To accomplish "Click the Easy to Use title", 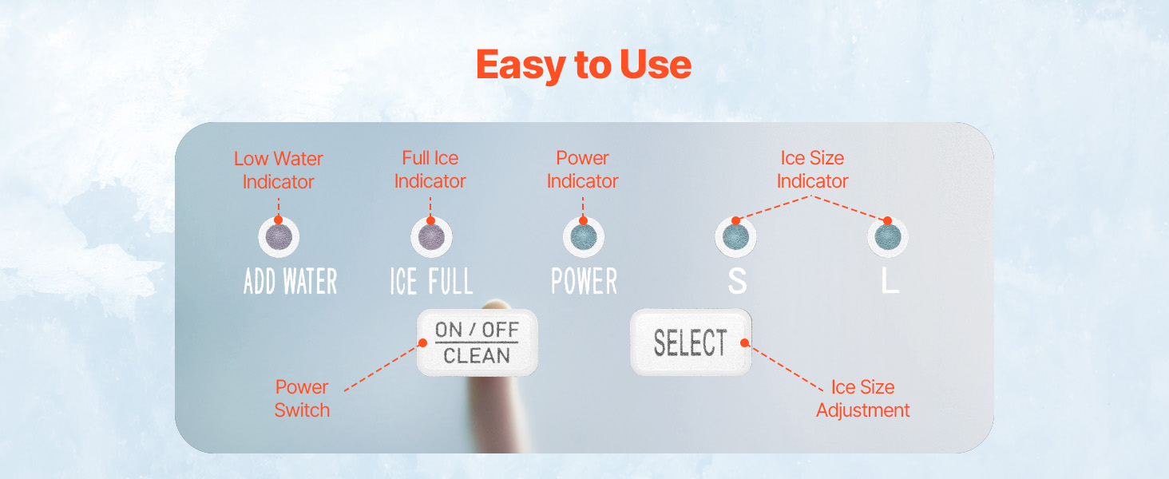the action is pyautogui.click(x=584, y=65).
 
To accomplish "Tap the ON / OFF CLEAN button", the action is pyautogui.click(x=477, y=342).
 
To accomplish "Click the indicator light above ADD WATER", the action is pyautogui.click(x=279, y=237).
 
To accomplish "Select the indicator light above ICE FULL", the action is pyautogui.click(x=431, y=237).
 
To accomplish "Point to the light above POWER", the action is pyautogui.click(x=584, y=237).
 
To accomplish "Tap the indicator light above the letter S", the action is pyautogui.click(x=736, y=237).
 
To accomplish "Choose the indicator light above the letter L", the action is pyautogui.click(x=888, y=237).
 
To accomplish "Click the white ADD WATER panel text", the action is pyautogui.click(x=290, y=281).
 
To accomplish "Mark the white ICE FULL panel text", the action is pyautogui.click(x=432, y=281).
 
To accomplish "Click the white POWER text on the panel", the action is pyautogui.click(x=584, y=281).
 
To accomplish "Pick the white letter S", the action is pyautogui.click(x=737, y=281).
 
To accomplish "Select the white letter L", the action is pyautogui.click(x=890, y=281).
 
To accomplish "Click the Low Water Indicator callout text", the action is pyautogui.click(x=278, y=170).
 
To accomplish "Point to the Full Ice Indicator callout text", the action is pyautogui.click(x=430, y=169).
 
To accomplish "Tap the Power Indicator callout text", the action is pyautogui.click(x=582, y=169).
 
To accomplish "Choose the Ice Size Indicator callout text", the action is pyautogui.click(x=812, y=169).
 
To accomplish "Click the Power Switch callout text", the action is pyautogui.click(x=302, y=398).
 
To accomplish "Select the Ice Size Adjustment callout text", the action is pyautogui.click(x=862, y=398).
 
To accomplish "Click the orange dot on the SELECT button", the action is pyautogui.click(x=745, y=342).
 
